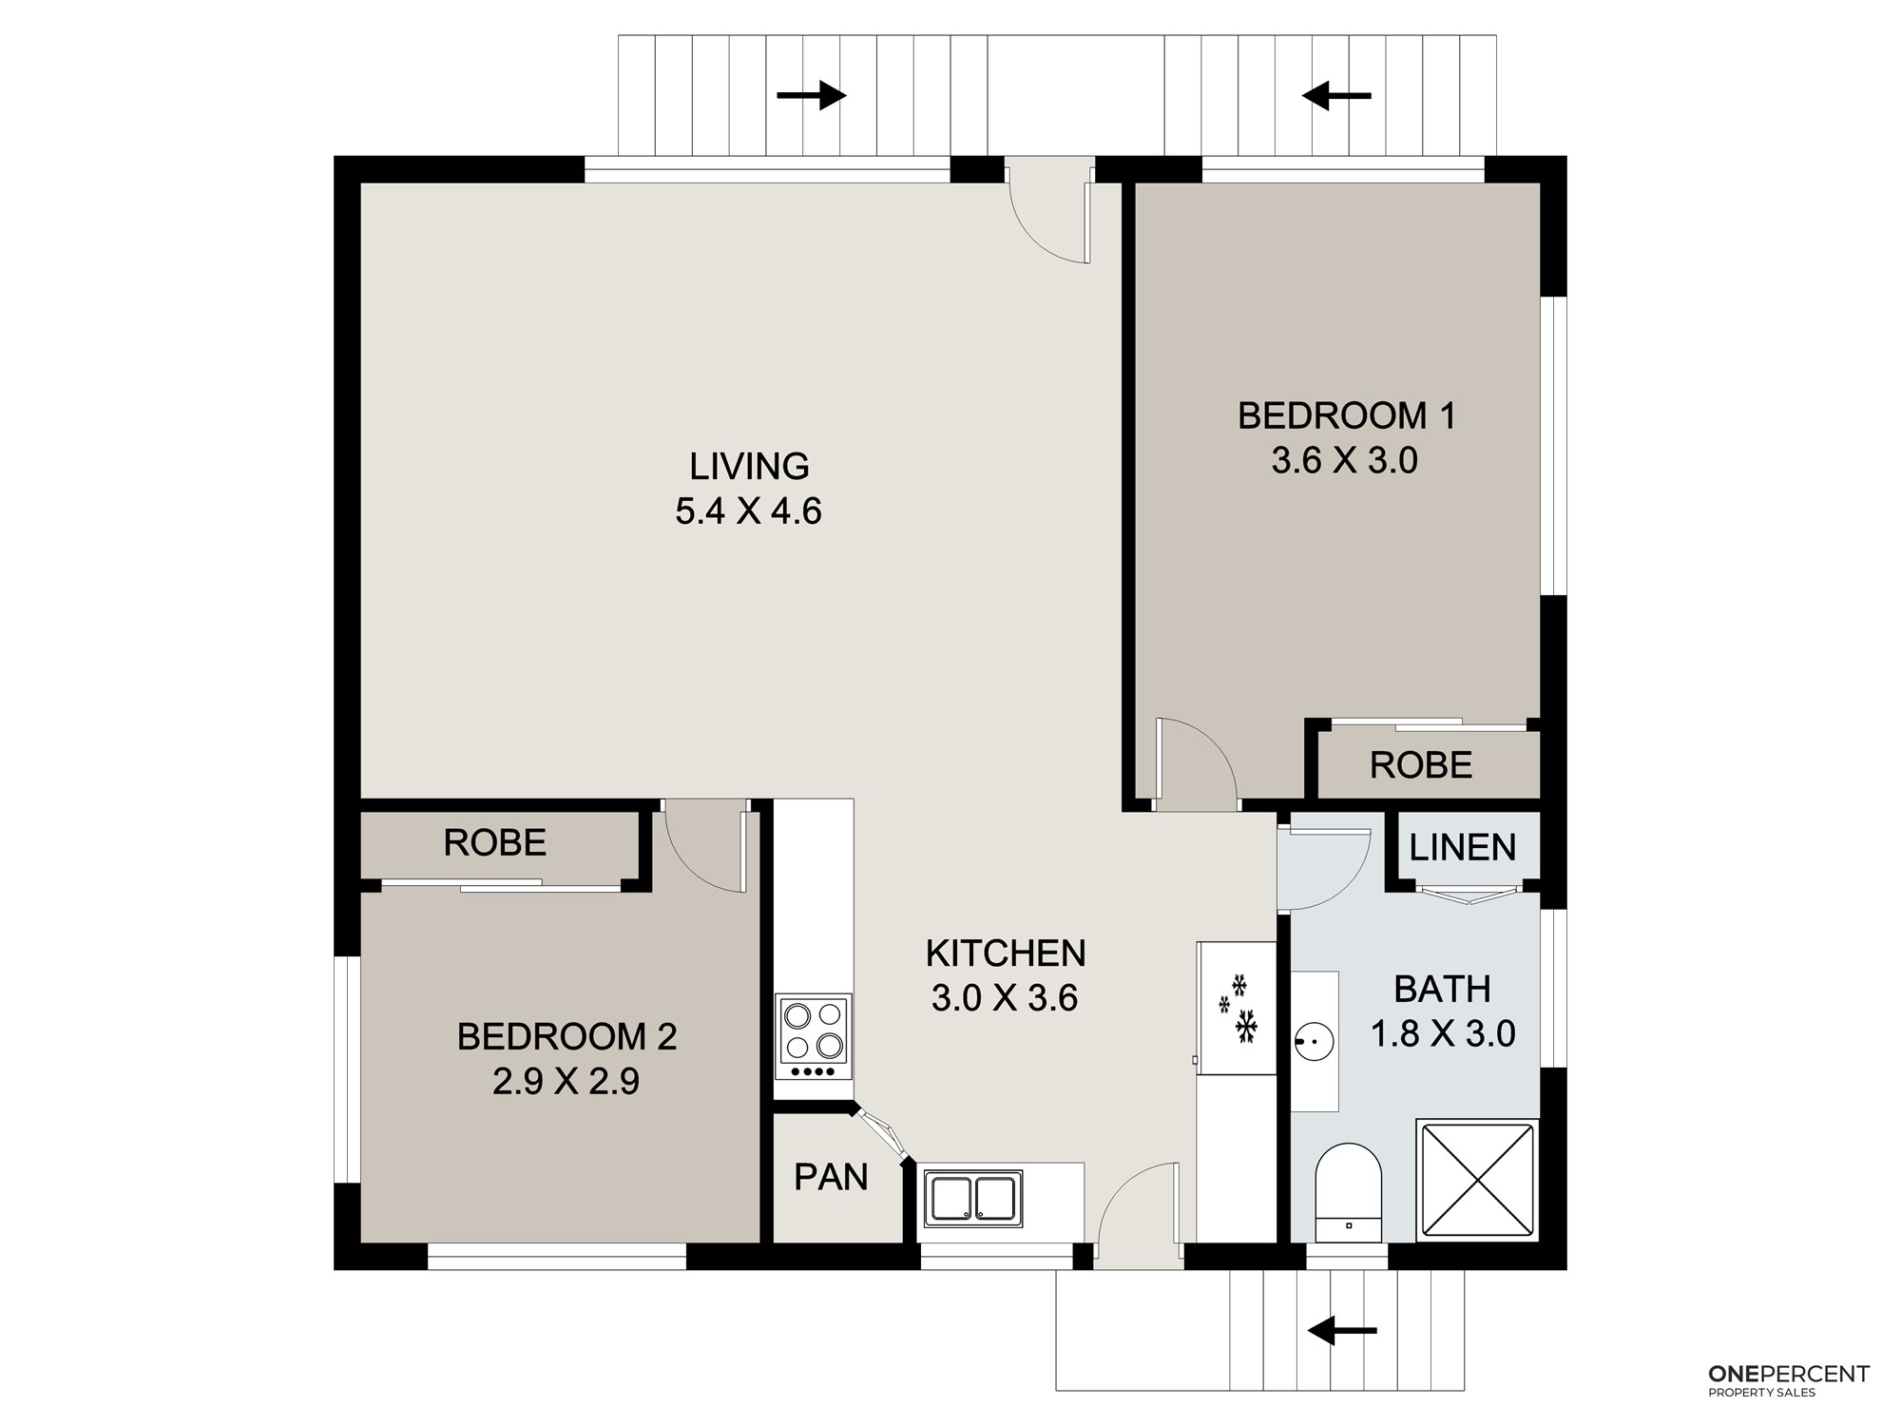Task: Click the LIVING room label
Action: click(x=749, y=467)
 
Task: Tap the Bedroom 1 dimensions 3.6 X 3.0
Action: click(x=1345, y=461)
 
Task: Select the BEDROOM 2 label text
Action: click(x=566, y=1036)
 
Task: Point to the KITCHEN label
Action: click(x=1006, y=953)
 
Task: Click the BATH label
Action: click(x=1442, y=990)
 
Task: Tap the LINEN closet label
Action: click(x=1462, y=847)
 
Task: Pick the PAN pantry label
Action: click(x=831, y=1177)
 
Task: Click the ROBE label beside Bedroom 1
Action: click(x=1421, y=765)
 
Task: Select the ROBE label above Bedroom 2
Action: click(x=495, y=843)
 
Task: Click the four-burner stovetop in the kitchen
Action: click(x=814, y=1036)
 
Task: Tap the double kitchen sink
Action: click(x=973, y=1198)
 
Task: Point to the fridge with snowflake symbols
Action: click(x=1237, y=1008)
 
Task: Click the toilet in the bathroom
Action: click(x=1348, y=1192)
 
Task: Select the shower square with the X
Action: click(x=1476, y=1180)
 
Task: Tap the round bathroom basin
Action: click(x=1314, y=1042)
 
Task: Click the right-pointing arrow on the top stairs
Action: click(x=812, y=95)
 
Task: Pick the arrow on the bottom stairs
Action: click(x=1342, y=1331)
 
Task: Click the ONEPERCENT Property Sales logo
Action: click(x=1789, y=1379)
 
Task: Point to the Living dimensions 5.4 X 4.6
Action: click(x=748, y=511)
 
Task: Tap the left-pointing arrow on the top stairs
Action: click(x=1336, y=95)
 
